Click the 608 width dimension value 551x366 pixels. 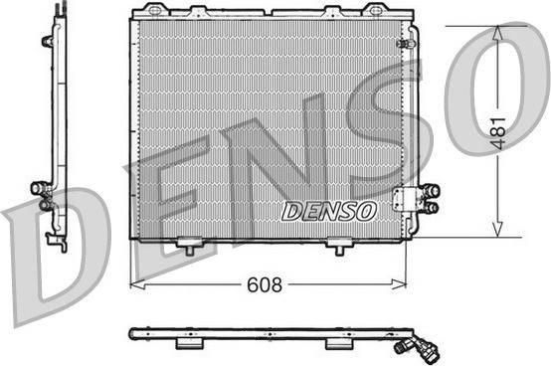point(265,284)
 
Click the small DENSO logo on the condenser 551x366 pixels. point(329,212)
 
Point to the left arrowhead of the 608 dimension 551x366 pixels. point(137,284)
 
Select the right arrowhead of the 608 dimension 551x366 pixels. point(399,284)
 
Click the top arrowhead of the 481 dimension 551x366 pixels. point(497,34)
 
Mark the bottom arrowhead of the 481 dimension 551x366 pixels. point(497,229)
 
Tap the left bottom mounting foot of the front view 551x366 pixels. point(189,246)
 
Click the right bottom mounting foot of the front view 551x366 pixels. point(339,246)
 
